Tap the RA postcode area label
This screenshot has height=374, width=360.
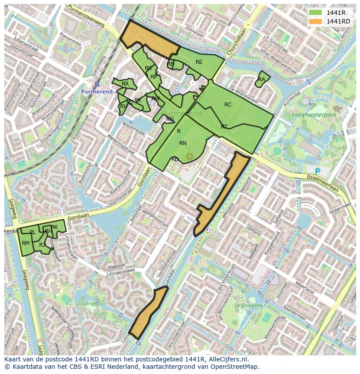tap(261, 79)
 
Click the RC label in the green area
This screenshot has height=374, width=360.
tap(228, 105)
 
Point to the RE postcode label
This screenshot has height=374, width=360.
tap(199, 62)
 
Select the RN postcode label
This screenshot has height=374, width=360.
tap(183, 143)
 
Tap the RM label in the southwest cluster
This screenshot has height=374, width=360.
tap(26, 243)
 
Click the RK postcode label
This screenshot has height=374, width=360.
tap(54, 227)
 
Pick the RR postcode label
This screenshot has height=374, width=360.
tap(125, 84)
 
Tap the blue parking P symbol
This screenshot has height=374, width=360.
tap(317, 172)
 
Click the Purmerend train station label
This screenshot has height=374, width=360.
tap(97, 92)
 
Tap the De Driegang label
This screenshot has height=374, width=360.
tap(249, 306)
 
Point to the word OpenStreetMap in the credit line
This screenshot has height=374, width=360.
tap(234, 367)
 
